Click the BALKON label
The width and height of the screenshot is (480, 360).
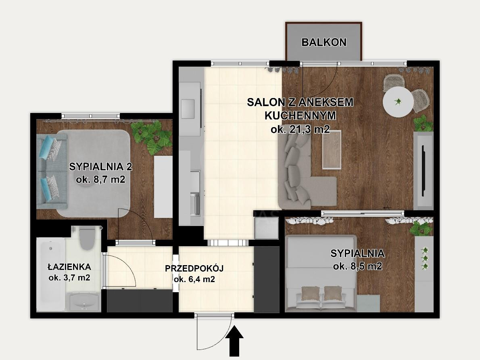pos(324,42)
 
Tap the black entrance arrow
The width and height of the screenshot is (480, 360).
pos(234,341)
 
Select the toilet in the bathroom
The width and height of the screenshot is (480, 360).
pos(87,238)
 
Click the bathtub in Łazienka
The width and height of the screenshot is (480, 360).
pos(51,274)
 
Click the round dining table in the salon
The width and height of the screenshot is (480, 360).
pos(398,102)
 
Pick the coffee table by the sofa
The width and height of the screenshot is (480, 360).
pos(332,149)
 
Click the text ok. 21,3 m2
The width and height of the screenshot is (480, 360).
pos(300,129)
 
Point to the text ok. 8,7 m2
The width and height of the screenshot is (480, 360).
pos(100,179)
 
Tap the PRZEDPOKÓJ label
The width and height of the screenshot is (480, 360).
pos(194,268)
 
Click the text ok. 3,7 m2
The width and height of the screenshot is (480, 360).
pos(69,278)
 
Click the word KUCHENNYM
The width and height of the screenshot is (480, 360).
pos(300,116)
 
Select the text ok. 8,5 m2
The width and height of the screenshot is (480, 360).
pos(357,266)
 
